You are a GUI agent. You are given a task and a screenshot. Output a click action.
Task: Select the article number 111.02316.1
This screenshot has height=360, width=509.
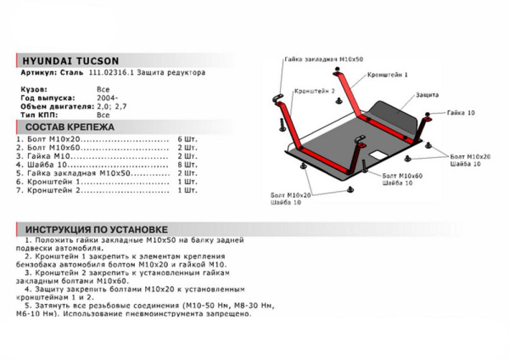(x=108, y=74)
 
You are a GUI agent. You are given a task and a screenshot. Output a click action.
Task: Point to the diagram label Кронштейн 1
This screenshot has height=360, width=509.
(x=389, y=76)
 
